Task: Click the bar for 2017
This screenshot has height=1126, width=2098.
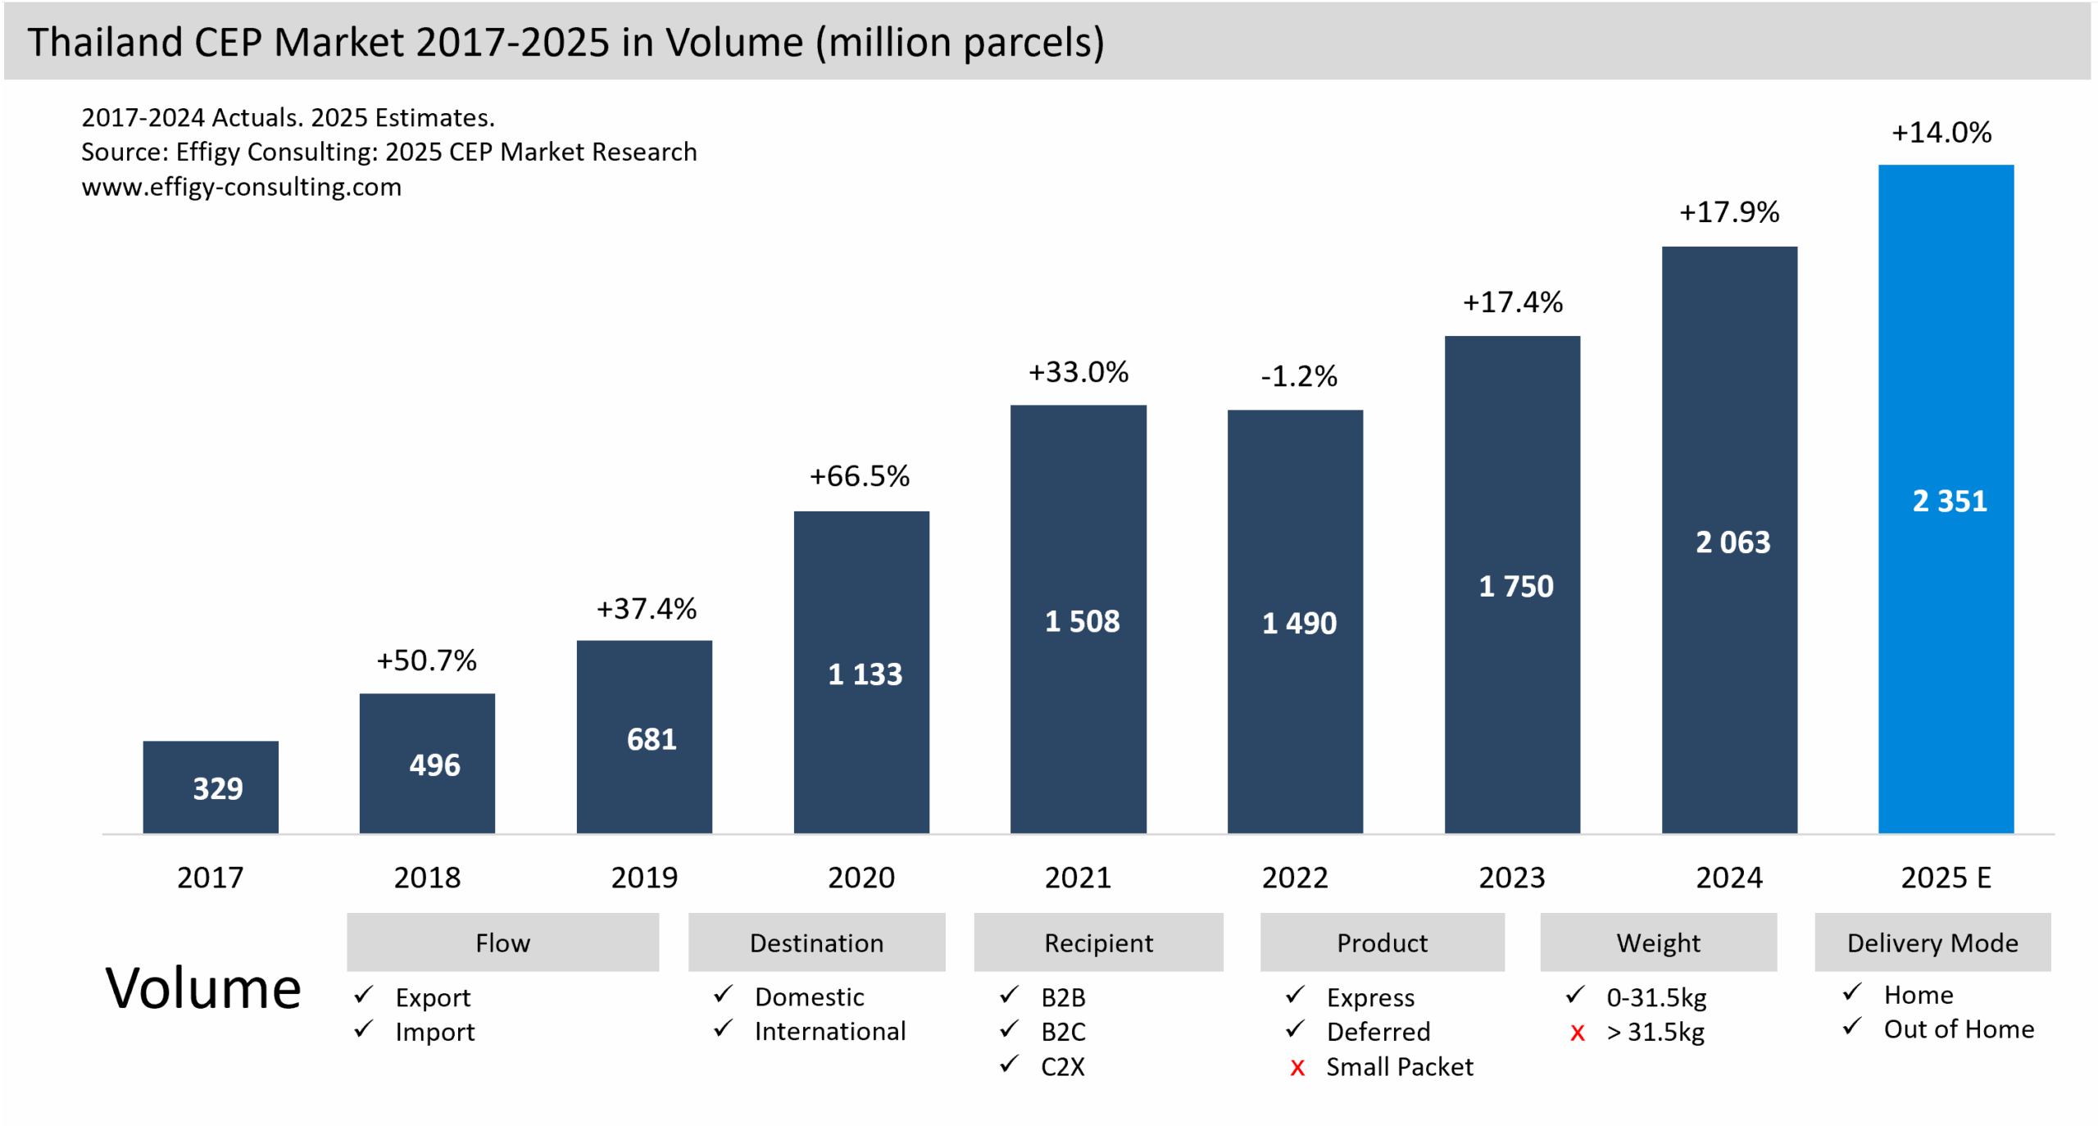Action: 211,787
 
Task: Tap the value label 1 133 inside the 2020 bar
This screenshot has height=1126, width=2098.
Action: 865,674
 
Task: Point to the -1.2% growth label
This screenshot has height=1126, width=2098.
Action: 1298,376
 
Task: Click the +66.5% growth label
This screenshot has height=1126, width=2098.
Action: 859,476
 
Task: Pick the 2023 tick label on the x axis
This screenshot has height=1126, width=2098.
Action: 1511,878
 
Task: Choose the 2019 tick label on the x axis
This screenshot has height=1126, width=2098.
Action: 644,878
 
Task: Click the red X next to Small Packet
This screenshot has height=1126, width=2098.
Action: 1296,1068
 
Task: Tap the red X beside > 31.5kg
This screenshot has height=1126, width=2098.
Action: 1577,1033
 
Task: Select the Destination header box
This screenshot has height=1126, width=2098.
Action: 816,942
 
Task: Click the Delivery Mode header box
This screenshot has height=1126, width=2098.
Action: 1932,942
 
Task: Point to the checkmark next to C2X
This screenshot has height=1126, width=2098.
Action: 1009,1065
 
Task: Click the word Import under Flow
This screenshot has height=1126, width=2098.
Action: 434,1032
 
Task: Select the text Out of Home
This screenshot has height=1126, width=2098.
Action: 1958,1029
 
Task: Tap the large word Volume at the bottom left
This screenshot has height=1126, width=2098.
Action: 203,988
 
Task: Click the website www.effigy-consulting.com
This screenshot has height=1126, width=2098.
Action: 241,187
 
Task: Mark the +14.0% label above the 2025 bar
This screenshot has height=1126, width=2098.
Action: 1941,133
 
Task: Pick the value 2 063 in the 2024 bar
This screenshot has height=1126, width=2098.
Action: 1732,543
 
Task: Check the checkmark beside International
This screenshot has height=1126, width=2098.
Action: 722,1028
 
